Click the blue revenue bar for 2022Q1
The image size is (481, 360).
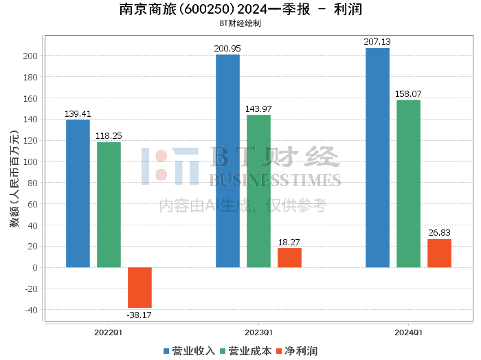[x=78, y=193]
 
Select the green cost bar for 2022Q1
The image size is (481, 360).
[x=109, y=205]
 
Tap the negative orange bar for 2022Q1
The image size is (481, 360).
[x=139, y=287]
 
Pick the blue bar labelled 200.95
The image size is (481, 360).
[x=227, y=161]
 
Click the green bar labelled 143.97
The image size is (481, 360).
[x=258, y=191]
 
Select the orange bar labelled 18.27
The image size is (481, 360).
[x=289, y=258]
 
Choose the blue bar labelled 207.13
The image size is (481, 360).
[x=377, y=157]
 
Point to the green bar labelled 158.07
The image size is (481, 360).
[x=408, y=183]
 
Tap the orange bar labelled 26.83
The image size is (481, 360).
[x=439, y=253]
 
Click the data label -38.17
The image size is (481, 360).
[x=139, y=315]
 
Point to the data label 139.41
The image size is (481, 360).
[x=78, y=113]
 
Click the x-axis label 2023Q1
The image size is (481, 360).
[x=258, y=332]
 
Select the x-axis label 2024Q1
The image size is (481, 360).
[x=408, y=332]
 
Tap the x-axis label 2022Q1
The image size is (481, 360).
[x=109, y=332]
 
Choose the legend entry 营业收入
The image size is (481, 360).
[x=189, y=351]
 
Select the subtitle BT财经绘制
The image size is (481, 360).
[x=240, y=23]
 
